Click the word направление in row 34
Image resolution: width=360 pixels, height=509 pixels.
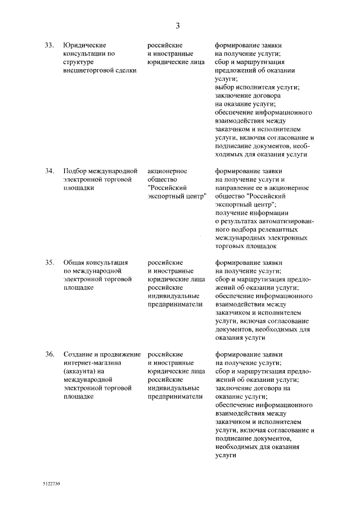click(x=237, y=188)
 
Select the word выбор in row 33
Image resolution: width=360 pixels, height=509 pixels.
click(x=225, y=88)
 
